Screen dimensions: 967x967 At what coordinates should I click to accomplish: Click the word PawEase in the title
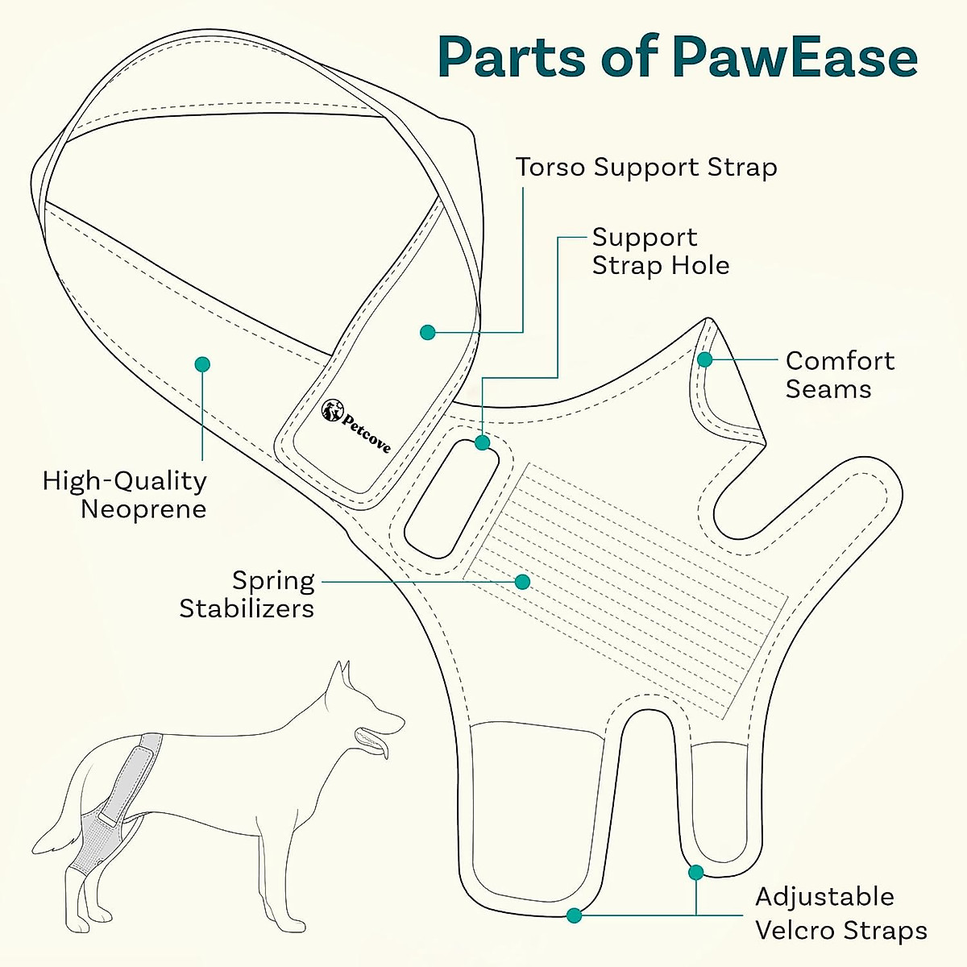point(795,58)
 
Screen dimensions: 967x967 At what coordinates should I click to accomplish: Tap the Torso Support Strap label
point(646,168)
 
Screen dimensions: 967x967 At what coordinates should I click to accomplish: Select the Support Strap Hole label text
point(660,251)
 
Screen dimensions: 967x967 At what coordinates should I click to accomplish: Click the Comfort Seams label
point(839,375)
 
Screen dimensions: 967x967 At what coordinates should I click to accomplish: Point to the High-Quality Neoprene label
point(126,495)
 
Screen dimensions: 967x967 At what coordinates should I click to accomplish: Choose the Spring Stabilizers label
point(247,594)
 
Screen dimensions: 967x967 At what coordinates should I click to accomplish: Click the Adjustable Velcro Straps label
point(840,914)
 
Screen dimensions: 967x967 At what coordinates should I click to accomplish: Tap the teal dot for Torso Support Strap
point(428,332)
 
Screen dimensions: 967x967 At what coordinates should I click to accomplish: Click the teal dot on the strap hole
point(482,442)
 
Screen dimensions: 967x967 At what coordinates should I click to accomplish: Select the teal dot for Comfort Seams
point(705,359)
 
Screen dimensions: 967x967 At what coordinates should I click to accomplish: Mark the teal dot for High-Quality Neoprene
point(202,364)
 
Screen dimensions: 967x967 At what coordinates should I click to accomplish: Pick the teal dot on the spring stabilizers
point(522,581)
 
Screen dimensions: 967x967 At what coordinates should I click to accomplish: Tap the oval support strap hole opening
point(451,498)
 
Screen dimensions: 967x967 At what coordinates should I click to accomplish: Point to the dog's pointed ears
point(343,677)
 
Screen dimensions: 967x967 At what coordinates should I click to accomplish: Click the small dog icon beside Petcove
point(330,410)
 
